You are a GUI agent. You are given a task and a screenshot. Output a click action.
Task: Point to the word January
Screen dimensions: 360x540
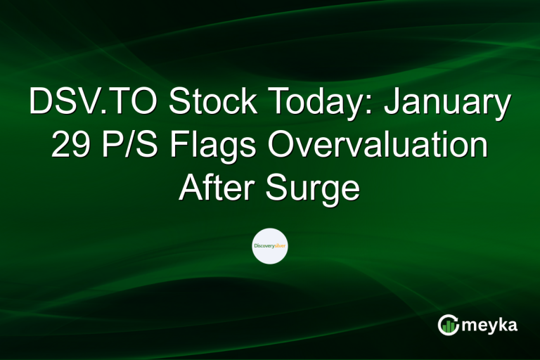450,103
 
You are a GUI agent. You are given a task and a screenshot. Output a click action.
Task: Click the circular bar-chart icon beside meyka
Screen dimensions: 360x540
449,325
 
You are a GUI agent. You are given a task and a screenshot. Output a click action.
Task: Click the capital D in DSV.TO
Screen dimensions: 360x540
41,103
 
